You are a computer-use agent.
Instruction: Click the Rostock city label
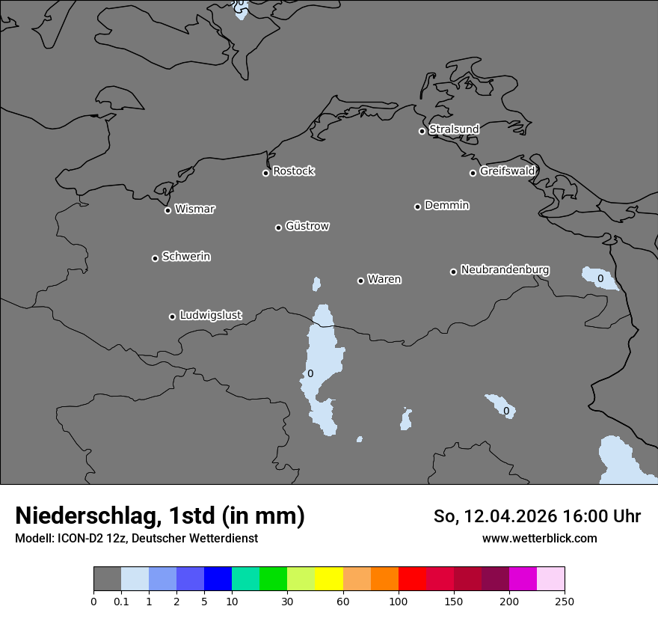(293, 171)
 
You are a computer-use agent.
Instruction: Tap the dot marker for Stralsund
(422, 131)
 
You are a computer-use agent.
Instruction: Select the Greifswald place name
(507, 171)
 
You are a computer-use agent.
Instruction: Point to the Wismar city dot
(167, 210)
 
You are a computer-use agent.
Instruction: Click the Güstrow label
(307, 226)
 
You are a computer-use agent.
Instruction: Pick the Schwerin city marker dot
(155, 258)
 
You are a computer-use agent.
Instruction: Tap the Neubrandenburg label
(505, 269)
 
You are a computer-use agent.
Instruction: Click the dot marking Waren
(360, 281)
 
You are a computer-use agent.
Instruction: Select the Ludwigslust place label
(210, 315)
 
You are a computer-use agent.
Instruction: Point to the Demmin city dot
(417, 207)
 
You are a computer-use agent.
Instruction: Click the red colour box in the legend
(412, 579)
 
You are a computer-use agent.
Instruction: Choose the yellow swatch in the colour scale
(329, 579)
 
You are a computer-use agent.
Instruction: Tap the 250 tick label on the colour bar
(565, 601)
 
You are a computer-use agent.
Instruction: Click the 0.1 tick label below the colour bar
(121, 601)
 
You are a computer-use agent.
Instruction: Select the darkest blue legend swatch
(218, 579)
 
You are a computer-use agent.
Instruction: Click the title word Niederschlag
(87, 516)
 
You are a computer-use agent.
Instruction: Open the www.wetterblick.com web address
(540, 538)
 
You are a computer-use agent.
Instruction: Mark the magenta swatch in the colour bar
(523, 579)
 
